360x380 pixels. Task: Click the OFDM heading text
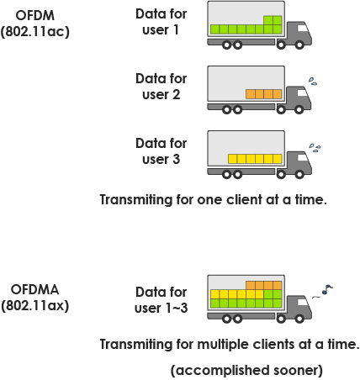point(35,15)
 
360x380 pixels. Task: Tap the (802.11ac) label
point(35,31)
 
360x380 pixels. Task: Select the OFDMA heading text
point(35,289)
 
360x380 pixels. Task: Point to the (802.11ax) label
point(35,305)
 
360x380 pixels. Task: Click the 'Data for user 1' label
point(161,22)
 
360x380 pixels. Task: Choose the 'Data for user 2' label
point(161,87)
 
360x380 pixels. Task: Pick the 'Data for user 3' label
point(161,151)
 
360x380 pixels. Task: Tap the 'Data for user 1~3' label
point(161,300)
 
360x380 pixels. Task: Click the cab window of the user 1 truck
point(303,28)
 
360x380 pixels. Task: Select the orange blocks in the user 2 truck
point(264,94)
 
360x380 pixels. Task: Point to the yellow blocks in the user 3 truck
point(255,159)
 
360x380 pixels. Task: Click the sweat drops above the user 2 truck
point(313,81)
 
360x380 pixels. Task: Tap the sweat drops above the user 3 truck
point(315,148)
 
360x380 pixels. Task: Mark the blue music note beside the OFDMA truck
point(327,289)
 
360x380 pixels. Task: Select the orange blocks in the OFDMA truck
point(264,285)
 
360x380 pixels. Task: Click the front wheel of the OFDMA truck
point(299,319)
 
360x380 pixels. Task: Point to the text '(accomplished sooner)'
point(246,371)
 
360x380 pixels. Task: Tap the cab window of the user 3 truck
point(303,157)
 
